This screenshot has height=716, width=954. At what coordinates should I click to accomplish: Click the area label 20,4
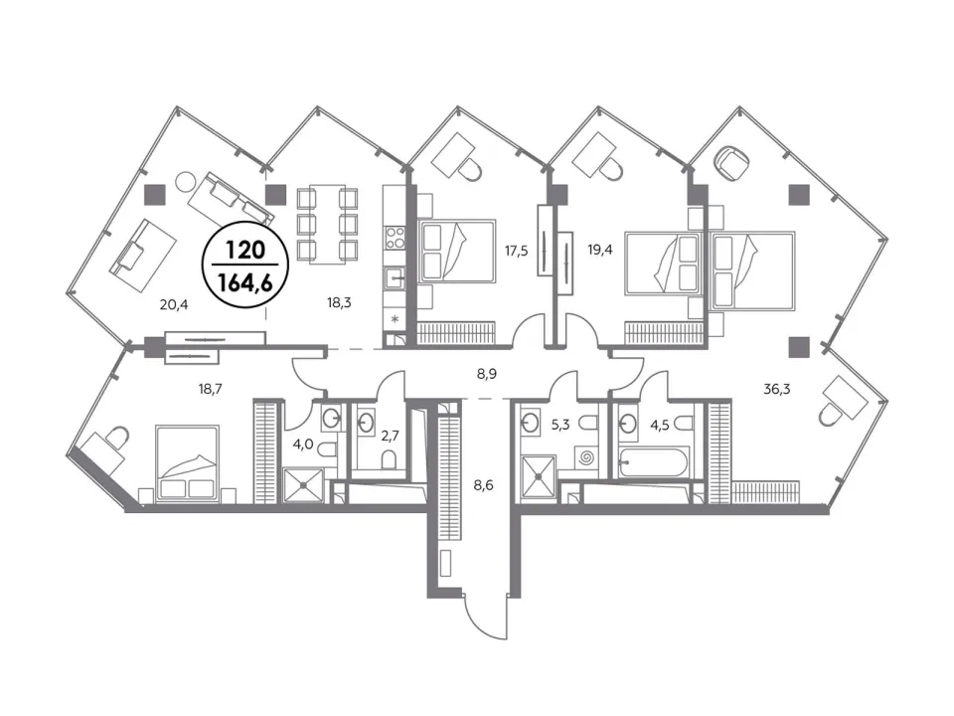click(x=174, y=304)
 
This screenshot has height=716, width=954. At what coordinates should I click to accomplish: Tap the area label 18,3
click(x=339, y=302)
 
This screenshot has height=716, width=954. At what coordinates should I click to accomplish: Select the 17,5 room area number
click(x=516, y=250)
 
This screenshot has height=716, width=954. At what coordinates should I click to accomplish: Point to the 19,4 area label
click(x=599, y=249)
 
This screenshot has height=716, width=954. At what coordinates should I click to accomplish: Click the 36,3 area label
click(x=777, y=389)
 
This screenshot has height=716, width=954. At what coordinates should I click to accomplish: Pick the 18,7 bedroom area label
click(x=210, y=389)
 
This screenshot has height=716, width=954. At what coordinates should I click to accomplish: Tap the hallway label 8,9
click(x=487, y=374)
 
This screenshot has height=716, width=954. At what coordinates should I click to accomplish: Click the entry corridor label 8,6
click(x=484, y=485)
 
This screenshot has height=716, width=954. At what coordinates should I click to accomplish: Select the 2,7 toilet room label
click(x=390, y=435)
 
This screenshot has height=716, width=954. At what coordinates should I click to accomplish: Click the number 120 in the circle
click(x=245, y=250)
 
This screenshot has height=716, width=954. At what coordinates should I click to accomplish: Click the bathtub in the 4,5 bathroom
click(x=653, y=463)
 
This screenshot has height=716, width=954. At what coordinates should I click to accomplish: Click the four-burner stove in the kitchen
click(x=396, y=237)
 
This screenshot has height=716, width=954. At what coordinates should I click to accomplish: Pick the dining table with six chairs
click(x=327, y=224)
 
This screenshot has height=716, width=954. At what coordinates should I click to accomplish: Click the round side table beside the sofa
click(x=185, y=181)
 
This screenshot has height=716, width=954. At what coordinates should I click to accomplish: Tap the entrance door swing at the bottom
click(x=485, y=615)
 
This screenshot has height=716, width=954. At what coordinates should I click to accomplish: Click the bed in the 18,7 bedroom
click(x=187, y=463)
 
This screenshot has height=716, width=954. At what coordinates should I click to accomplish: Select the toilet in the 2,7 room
click(x=389, y=459)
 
